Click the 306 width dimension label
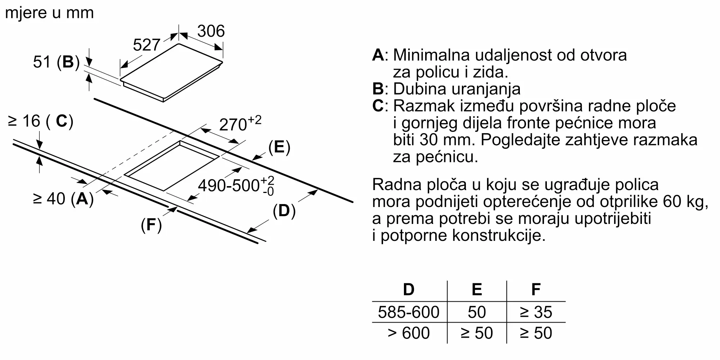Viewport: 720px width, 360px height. tap(211, 31)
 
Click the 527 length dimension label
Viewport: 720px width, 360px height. tap(146, 45)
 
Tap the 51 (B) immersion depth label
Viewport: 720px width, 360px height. tap(56, 62)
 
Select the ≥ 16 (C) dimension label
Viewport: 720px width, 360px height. tap(40, 121)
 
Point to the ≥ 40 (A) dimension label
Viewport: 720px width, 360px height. tap(63, 198)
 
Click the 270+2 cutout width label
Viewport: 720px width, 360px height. tap(240, 124)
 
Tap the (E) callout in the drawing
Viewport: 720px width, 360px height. tap(279, 147)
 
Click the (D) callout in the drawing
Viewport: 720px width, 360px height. tap(284, 211)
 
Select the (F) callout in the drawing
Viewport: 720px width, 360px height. tap(151, 225)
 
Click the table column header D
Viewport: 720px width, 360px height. tap(409, 289)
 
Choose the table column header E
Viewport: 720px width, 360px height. tap(477, 289)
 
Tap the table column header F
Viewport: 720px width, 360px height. tap(536, 289)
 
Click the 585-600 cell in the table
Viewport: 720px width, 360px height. tap(409, 312)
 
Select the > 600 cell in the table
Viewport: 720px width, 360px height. tap(409, 333)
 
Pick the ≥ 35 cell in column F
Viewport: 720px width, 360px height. tap(536, 312)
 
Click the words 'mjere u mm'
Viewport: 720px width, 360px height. tap(50, 13)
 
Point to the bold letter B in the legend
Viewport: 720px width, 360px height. tap(378, 89)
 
